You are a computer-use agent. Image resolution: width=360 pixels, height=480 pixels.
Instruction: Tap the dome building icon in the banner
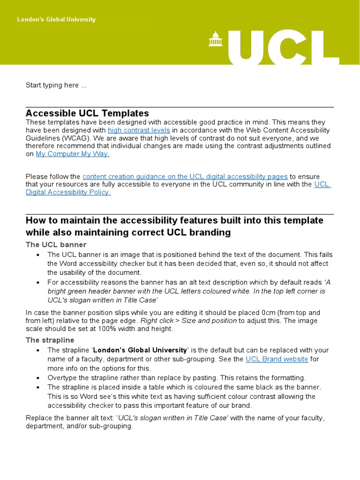[x=216, y=39]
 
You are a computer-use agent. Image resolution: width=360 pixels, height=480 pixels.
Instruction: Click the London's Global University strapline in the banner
[x=56, y=20]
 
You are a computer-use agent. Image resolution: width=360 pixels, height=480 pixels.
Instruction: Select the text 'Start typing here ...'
[x=56, y=85]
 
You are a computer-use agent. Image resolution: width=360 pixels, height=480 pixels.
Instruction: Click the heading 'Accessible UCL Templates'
[x=87, y=113]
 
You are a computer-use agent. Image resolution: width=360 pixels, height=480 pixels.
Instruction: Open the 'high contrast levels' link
[x=139, y=130]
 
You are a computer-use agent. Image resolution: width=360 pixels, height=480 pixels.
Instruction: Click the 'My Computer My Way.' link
[x=73, y=154]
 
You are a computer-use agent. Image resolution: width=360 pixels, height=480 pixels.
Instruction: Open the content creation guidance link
[x=185, y=177]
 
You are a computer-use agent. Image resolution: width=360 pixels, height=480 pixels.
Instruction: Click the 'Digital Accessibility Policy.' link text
[x=68, y=192]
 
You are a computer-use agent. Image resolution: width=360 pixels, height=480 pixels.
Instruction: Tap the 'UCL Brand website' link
[x=277, y=359]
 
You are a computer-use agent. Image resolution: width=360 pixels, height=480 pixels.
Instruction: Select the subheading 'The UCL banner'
[x=56, y=245]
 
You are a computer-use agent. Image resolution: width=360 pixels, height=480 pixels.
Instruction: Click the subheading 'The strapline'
[x=50, y=340]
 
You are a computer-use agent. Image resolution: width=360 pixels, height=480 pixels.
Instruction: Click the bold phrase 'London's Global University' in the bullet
[x=141, y=350]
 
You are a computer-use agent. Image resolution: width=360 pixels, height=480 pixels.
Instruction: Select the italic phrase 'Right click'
[x=157, y=321]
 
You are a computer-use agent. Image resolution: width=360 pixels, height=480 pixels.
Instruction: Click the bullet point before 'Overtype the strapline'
[x=38, y=378]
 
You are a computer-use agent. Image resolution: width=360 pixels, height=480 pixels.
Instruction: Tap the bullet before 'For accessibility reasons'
[x=38, y=283]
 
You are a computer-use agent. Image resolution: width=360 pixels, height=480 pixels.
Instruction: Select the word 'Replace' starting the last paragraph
[x=38, y=418]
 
